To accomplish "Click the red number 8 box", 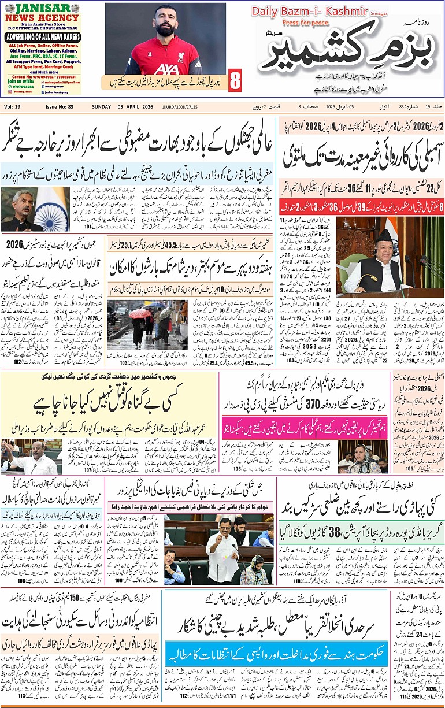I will (x=235, y=80).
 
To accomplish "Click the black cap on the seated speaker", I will (x=384, y=235).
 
